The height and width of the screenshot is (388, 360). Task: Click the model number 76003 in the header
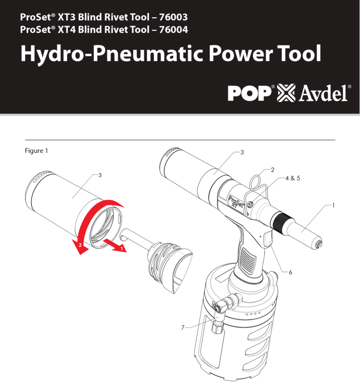click(173, 17)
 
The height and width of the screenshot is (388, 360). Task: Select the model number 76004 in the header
click(173, 30)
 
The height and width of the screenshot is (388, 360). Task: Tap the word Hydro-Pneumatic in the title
click(113, 54)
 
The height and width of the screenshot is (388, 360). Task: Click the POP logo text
click(250, 93)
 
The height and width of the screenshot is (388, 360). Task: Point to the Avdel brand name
click(323, 93)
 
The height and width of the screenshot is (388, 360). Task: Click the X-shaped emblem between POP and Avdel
click(286, 93)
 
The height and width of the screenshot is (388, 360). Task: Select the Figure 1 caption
click(36, 151)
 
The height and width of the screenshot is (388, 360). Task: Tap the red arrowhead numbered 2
click(80, 247)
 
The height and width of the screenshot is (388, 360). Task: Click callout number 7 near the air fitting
click(183, 328)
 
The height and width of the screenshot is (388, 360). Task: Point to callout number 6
click(290, 272)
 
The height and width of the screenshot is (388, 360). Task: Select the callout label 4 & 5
click(293, 178)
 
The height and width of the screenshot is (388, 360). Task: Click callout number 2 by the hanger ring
click(272, 170)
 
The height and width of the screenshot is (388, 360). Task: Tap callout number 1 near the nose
click(333, 205)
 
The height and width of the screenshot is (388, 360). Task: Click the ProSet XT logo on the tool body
click(235, 201)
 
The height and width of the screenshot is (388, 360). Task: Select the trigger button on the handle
click(268, 239)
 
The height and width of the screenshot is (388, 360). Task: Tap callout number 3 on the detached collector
click(100, 175)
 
